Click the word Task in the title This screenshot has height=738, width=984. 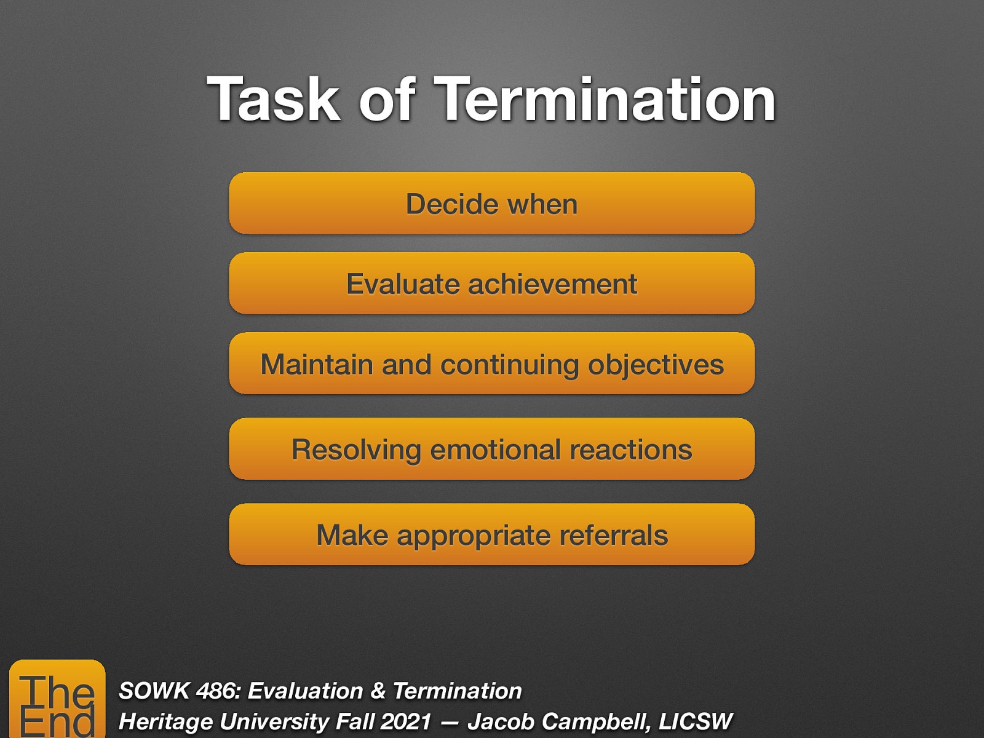(x=274, y=100)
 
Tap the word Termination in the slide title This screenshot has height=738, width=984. (x=606, y=100)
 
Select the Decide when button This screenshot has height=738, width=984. (x=492, y=204)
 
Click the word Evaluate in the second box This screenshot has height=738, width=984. (x=403, y=284)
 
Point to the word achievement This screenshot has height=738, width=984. (x=552, y=284)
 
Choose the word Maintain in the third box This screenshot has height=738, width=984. (x=317, y=364)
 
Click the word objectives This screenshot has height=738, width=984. (x=656, y=364)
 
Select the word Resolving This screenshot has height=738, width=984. (x=356, y=450)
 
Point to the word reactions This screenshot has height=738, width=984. (x=630, y=450)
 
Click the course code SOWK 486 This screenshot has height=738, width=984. (x=178, y=691)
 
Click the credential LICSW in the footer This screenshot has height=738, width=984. (x=695, y=721)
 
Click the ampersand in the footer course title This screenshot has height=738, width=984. (x=378, y=691)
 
